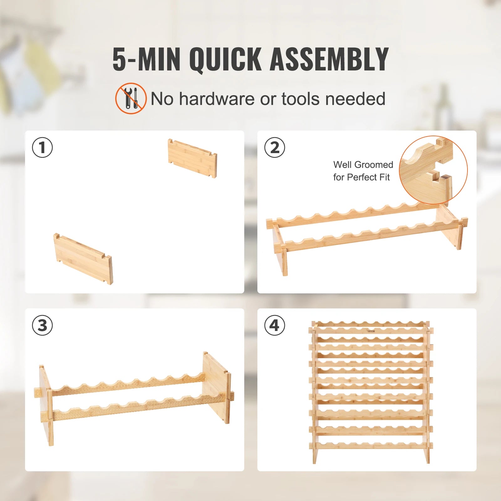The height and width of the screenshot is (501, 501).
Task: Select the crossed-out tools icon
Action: click(131, 98)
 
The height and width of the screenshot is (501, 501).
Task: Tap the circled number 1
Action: click(43, 147)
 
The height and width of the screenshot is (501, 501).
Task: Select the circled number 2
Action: click(275, 147)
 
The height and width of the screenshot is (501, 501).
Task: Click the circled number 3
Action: click(43, 325)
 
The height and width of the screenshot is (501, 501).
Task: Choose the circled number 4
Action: click(275, 325)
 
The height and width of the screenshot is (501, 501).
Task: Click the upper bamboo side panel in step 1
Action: click(192, 158)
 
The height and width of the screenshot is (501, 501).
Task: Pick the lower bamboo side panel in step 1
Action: click(83, 259)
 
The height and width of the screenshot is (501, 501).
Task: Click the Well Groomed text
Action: click(363, 165)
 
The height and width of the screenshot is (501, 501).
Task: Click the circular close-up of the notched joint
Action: click(433, 170)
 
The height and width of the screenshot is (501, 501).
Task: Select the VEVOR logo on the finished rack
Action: click(371, 331)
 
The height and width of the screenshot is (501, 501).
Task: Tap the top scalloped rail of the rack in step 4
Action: click(371, 324)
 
